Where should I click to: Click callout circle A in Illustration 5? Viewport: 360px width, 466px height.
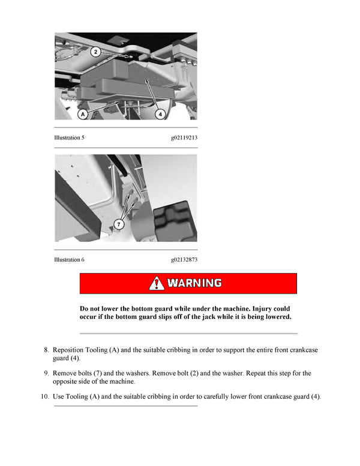pos(83,112)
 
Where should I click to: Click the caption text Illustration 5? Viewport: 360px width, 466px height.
pos(69,138)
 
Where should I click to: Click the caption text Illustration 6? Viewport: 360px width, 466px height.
pos(69,259)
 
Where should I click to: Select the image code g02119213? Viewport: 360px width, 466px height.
pos(184,138)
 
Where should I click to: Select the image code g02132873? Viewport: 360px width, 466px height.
pos(184,259)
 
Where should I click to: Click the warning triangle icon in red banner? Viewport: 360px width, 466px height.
pos(157,283)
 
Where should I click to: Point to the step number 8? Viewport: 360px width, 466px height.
pos(46,349)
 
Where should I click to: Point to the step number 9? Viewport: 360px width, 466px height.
pos(46,373)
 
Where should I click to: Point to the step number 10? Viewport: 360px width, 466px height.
pos(44,396)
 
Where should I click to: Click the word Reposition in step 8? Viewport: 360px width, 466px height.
pos(70,349)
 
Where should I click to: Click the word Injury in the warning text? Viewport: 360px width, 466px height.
pos(259,308)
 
